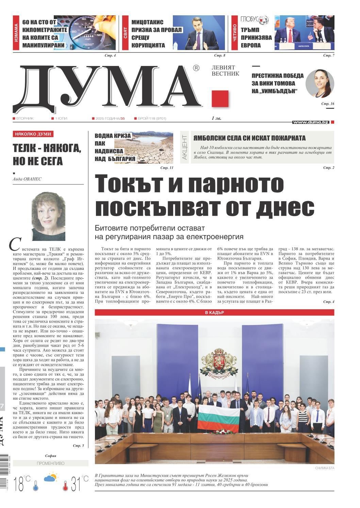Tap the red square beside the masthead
pyautogui.click(x=220, y=99)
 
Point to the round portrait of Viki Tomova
pyautogui.click(x=320, y=84)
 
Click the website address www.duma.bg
pyautogui.click(x=311, y=122)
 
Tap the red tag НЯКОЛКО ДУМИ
pyautogui.click(x=33, y=134)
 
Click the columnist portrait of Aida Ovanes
pyautogui.click(x=48, y=216)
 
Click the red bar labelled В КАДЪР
pyautogui.click(x=214, y=313)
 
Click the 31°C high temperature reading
pyautogui.click(x=80, y=484)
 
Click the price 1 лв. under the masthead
pyautogui.click(x=216, y=118)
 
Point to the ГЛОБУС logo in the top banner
pyautogui.click(x=254, y=20)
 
